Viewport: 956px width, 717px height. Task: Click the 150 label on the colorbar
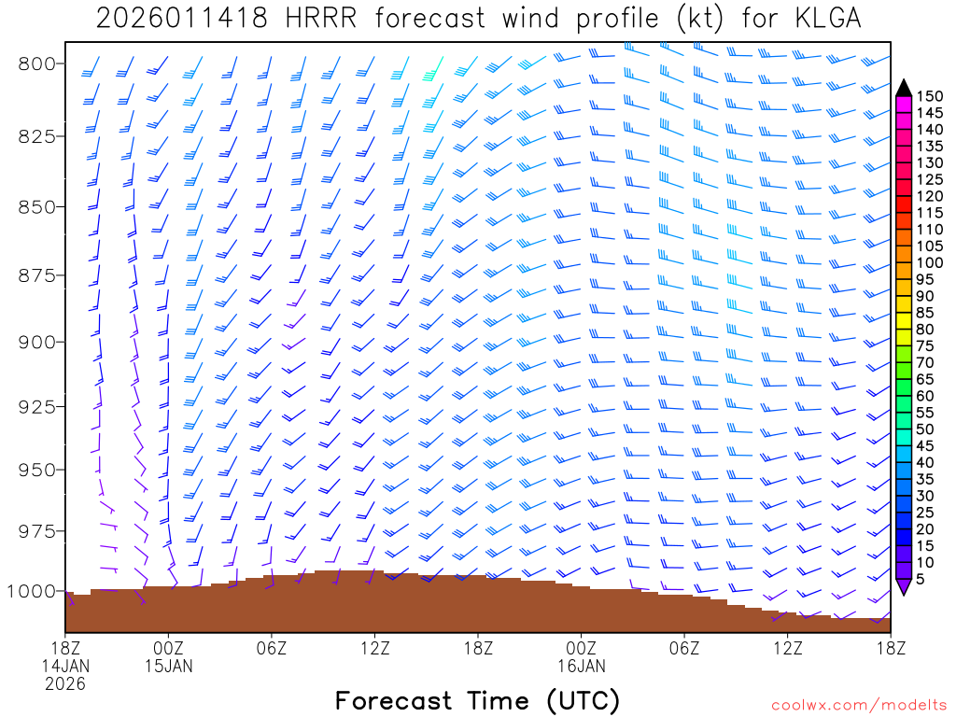coord(929,96)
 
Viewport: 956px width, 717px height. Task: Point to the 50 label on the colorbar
coord(925,429)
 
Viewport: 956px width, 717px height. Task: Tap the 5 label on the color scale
coord(921,579)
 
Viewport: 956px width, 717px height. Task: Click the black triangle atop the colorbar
coord(903,88)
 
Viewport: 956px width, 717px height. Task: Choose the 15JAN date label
coord(169,666)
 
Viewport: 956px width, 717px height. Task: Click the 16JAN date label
coord(581,666)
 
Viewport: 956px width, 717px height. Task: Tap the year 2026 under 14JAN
coord(65,683)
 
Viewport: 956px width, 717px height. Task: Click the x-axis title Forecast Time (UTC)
coord(477,700)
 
